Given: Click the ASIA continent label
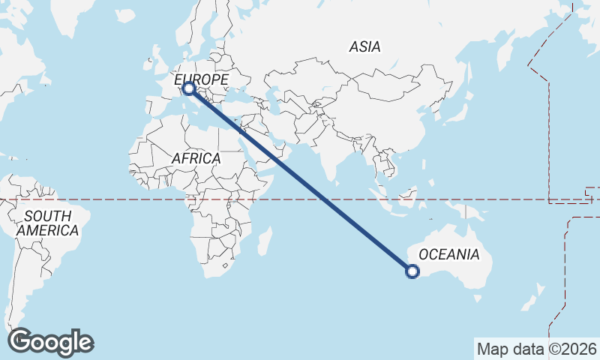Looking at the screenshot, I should point(365,46).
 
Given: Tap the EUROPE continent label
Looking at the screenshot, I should point(201,79).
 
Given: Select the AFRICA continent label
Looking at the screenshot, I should point(196,158).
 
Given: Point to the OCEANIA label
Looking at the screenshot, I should point(448,254).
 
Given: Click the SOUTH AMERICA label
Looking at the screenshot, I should point(47,223).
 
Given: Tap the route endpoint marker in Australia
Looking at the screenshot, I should point(412,271).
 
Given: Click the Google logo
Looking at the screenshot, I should point(50,342).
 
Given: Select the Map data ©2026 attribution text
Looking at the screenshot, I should point(536,349).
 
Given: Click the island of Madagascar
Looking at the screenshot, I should point(264,242).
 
